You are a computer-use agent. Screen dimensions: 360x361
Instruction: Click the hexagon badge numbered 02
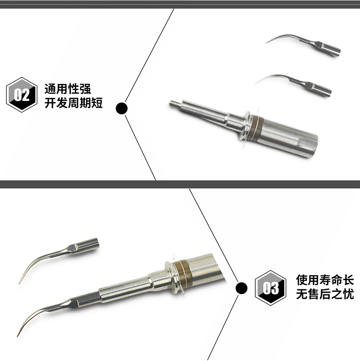[22, 95]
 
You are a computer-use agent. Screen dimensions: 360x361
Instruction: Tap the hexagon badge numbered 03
[270, 288]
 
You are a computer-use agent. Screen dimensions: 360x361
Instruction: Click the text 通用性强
[68, 89]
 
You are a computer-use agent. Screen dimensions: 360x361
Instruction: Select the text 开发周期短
[73, 103]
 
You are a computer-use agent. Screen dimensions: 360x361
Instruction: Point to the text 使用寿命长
[325, 280]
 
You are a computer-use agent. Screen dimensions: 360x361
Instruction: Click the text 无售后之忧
[325, 294]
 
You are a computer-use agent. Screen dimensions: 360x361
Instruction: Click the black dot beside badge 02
[122, 108]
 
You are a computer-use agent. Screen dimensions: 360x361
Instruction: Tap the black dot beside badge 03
[242, 288]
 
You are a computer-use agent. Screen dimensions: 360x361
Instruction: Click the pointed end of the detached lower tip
[20, 283]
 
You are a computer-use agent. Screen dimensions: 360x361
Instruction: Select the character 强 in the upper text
[85, 89]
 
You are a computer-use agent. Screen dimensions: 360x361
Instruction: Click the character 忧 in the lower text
[348, 294]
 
